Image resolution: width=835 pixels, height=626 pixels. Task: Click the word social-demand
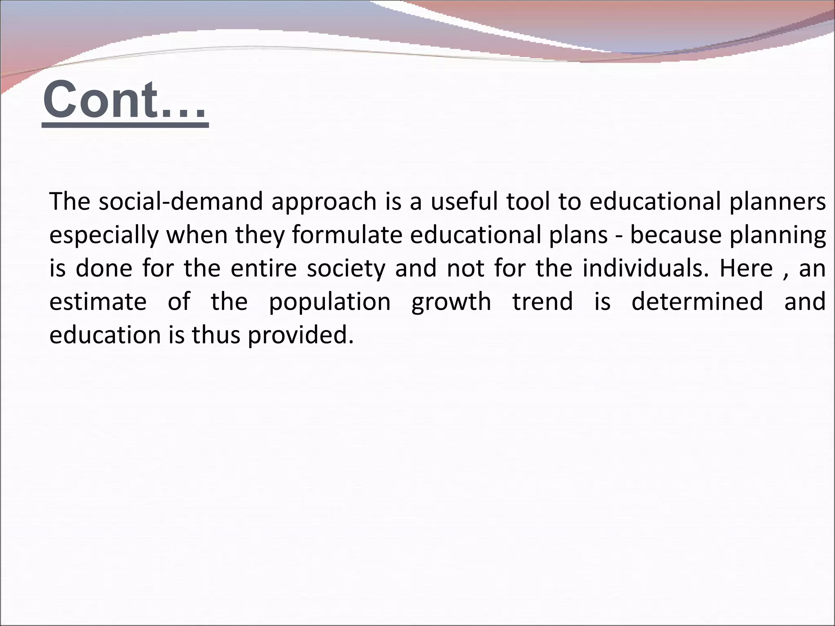tap(181, 201)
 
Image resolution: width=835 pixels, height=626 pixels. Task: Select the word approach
tap(324, 202)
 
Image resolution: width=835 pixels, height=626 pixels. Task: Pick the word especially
tap(104, 236)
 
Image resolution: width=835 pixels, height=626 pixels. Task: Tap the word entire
tap(263, 268)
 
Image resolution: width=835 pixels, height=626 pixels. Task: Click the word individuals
tap(646, 268)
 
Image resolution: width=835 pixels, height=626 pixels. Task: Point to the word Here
tap(746, 268)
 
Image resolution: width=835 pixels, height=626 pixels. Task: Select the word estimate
tap(98, 302)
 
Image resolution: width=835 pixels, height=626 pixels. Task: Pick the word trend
tap(543, 302)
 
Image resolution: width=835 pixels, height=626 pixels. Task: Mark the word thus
tap(216, 335)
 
